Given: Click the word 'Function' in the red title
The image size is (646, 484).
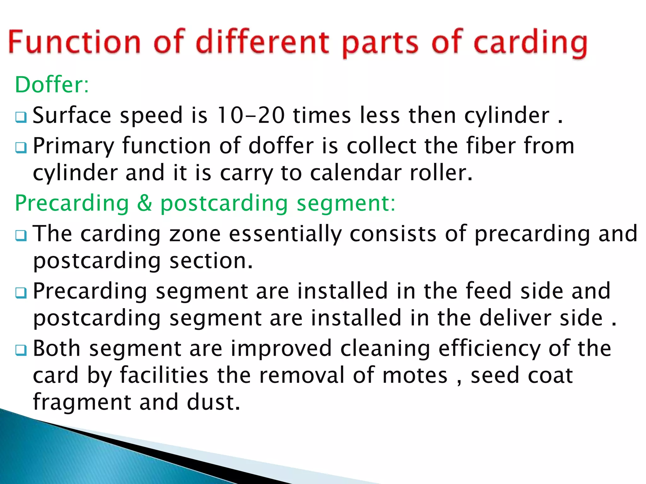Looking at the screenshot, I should pos(74,43).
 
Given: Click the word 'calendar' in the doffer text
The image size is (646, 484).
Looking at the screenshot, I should pos(355,173).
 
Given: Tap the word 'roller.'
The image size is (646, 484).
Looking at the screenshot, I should pos(441,173).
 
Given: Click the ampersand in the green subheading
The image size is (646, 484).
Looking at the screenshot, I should pos(144,203).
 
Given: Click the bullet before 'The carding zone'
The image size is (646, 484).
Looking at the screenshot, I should pos(21,235).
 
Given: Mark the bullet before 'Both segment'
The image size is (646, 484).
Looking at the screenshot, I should pos(21,350).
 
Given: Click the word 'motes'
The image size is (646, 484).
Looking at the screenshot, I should pos(415,376).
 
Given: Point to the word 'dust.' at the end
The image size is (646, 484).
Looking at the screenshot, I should pos(214,402).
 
